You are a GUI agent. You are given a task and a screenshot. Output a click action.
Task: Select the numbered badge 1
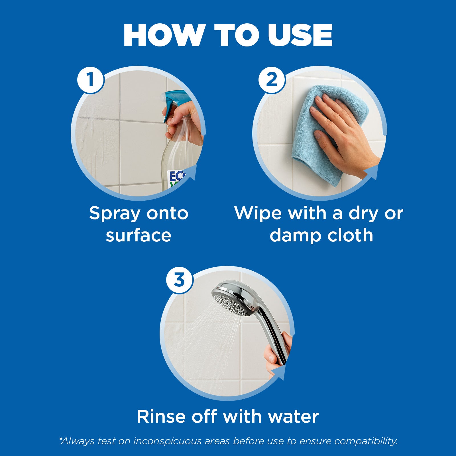tap(90, 80)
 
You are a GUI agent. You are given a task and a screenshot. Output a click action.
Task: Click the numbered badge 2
tap(271, 80)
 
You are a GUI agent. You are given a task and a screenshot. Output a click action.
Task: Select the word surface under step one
tap(139, 235)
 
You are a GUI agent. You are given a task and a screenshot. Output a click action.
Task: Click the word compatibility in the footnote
tap(366, 441)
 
